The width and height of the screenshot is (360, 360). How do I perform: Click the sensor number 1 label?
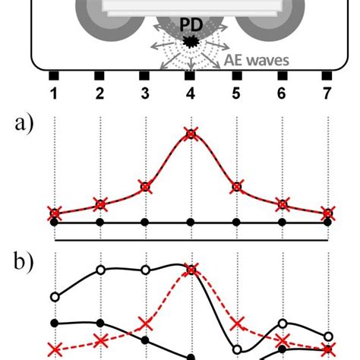(x=54, y=93)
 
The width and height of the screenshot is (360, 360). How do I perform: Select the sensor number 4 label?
(x=191, y=93)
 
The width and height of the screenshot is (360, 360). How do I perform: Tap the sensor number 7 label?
(x=327, y=93)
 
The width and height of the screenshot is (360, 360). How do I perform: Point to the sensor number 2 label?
(x=99, y=93)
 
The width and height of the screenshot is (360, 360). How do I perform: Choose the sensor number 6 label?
(x=282, y=93)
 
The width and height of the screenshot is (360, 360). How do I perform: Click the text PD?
(x=190, y=25)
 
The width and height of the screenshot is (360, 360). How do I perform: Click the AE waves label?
(x=257, y=59)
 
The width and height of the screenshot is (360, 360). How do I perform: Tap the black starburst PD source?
(x=191, y=41)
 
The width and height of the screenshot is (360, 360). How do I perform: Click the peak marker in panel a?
(x=191, y=134)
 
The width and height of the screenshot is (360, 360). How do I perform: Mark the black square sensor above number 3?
(x=145, y=75)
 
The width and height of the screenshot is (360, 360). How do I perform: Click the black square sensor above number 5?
(x=236, y=75)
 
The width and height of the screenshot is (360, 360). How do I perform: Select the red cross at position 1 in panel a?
(x=54, y=212)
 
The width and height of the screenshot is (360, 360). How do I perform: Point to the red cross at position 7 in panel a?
(x=327, y=212)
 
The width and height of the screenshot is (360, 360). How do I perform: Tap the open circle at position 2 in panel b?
(x=99, y=270)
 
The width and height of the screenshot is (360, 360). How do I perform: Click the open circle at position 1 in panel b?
(x=54, y=297)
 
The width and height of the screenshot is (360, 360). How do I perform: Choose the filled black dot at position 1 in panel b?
(x=54, y=323)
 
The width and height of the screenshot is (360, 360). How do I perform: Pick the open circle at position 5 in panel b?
(x=236, y=349)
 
